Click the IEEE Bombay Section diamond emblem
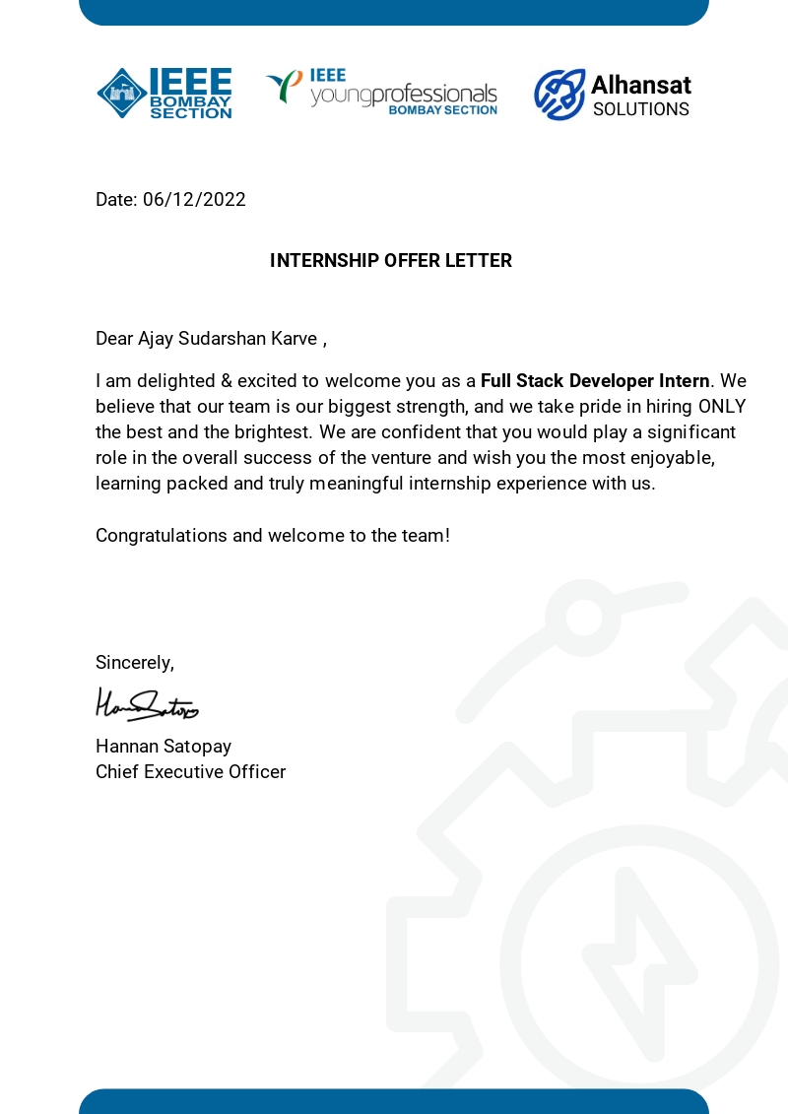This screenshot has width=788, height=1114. point(121,94)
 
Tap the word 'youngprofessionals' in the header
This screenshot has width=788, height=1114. point(404,95)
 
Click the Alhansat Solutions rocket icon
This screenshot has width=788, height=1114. point(558,95)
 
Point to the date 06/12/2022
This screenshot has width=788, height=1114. point(194,200)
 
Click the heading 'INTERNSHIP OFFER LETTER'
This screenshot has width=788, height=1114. point(391,261)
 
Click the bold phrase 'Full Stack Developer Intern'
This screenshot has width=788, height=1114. point(595,381)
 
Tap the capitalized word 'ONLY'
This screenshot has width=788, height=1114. point(722,407)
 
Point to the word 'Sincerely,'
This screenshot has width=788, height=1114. point(135,663)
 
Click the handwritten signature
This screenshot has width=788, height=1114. point(147,704)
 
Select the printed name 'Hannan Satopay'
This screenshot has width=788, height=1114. point(164,747)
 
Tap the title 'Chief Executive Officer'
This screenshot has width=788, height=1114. point(190,772)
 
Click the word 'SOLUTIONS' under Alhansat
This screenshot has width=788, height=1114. point(641,109)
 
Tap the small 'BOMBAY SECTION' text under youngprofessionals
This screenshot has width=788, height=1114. point(442,110)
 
